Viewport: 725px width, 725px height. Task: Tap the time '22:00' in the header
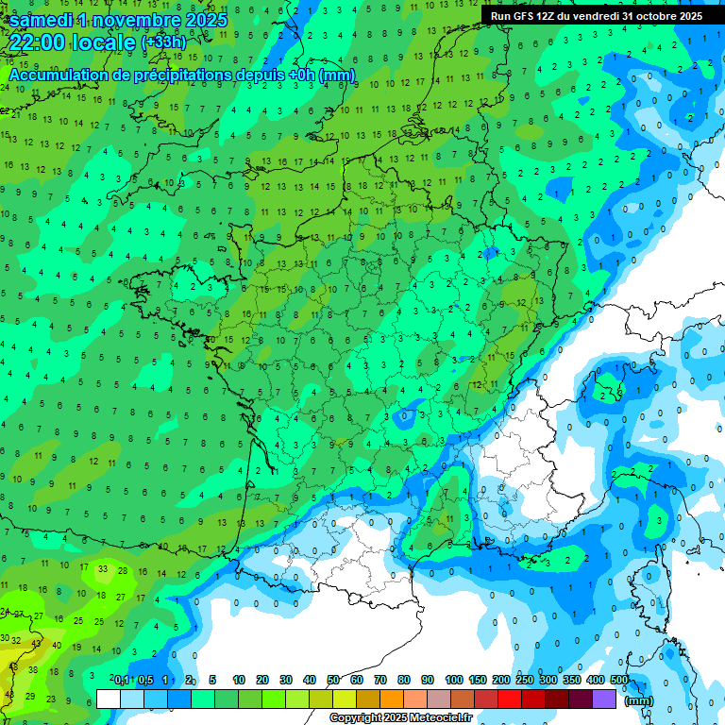click(x=40, y=42)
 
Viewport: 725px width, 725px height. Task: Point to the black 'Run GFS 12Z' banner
click(x=596, y=16)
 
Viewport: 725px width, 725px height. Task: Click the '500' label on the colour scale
click(x=619, y=680)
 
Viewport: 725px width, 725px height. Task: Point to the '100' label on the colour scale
click(x=453, y=680)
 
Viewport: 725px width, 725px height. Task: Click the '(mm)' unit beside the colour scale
click(x=639, y=700)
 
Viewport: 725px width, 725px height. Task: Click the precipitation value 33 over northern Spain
click(x=103, y=569)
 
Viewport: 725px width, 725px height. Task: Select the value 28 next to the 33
click(x=123, y=570)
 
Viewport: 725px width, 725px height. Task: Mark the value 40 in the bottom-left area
click(x=56, y=647)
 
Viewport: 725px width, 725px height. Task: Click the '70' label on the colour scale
click(x=380, y=680)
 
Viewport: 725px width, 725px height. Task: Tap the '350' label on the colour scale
click(x=572, y=680)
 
